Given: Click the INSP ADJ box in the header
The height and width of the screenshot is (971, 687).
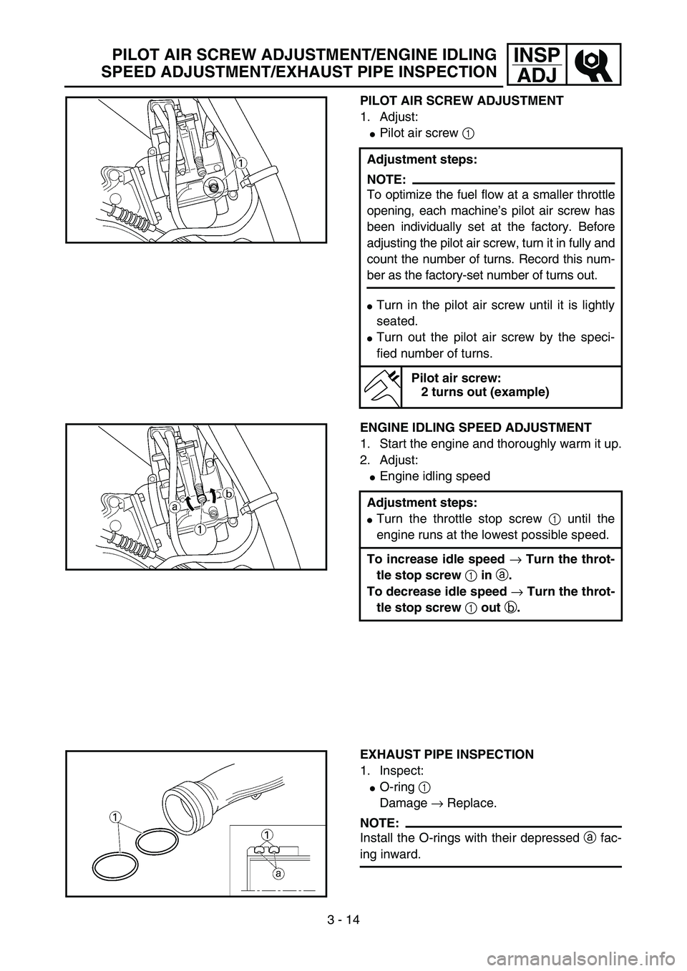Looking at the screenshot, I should (x=535, y=63).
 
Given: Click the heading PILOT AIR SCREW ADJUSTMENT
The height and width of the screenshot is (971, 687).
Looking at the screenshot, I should (x=461, y=101).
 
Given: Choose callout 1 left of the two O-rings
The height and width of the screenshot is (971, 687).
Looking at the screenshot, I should (x=114, y=815).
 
